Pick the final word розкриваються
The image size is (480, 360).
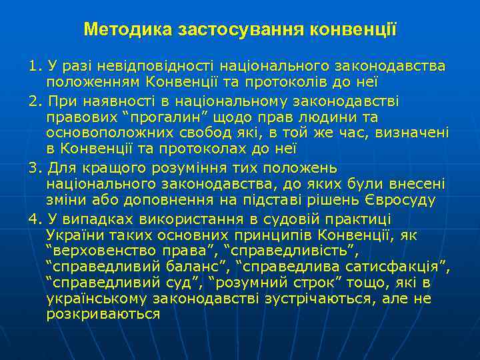(x=103, y=313)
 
